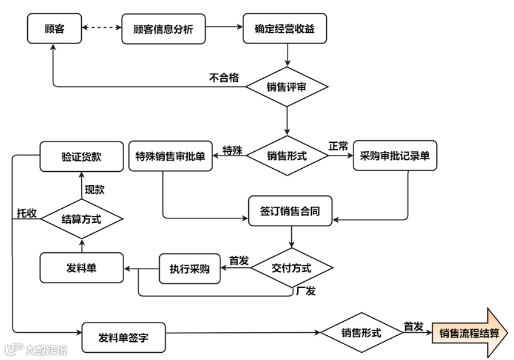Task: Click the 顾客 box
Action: coord(54,28)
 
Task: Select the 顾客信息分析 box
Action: coord(163,28)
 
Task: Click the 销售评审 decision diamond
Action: coord(287,87)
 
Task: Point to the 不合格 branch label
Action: coord(224,77)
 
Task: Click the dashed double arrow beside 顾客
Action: coord(102,28)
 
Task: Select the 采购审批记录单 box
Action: coord(395,156)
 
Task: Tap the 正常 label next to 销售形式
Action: coord(338,146)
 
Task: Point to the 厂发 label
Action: coord(306,290)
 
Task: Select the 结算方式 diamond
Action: coord(82,219)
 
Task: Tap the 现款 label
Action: coord(94,190)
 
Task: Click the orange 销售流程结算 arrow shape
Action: coord(469,333)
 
